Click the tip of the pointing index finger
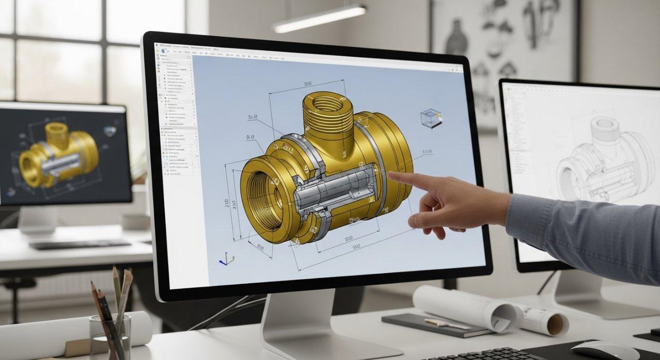391,175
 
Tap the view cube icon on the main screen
431,118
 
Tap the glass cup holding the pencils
110,337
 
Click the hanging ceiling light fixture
320,18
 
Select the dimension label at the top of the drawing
307,84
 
